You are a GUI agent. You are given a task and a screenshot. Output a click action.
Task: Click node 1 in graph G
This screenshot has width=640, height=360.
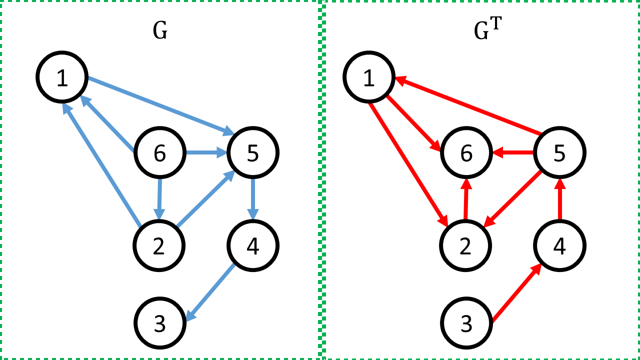coord(62,77)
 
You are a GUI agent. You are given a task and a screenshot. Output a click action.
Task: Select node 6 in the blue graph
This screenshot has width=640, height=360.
coord(159,153)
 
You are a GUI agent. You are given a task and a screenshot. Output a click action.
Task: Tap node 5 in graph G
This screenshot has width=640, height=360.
coord(253,153)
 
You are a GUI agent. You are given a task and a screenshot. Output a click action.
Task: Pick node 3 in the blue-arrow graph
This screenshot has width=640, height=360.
coord(159,323)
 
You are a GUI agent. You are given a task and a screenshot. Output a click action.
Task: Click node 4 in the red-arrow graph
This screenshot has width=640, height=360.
coord(559,246)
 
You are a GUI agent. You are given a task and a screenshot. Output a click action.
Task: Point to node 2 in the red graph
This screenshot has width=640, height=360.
coord(465,246)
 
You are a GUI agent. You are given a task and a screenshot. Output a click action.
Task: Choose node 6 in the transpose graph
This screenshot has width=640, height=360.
coord(466,153)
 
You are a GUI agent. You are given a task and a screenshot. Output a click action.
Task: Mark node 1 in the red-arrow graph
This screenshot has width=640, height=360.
coord(369,77)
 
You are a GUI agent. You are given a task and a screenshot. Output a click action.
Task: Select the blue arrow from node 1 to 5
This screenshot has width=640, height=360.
coord(160,105)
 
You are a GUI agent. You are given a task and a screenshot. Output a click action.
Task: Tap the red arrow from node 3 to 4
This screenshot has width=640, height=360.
coord(517,293)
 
